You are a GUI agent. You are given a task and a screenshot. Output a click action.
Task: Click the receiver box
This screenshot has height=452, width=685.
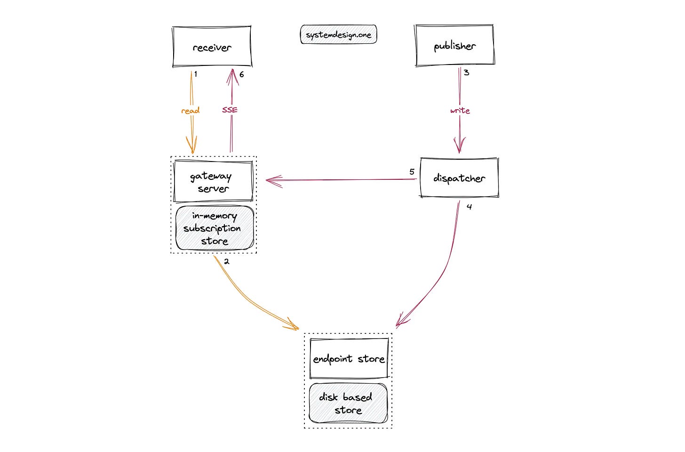[212, 47]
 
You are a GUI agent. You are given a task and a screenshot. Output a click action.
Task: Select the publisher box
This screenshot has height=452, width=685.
[454, 46]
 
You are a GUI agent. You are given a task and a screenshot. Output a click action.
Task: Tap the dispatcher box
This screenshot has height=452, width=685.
[459, 178]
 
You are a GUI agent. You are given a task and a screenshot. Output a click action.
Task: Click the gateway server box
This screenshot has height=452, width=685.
[213, 182]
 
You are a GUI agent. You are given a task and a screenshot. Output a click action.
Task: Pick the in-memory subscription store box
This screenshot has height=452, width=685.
[214, 228]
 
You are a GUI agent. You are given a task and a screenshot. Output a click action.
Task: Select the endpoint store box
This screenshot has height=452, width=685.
[349, 359]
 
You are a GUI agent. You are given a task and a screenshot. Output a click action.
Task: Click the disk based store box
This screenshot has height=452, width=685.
[348, 404]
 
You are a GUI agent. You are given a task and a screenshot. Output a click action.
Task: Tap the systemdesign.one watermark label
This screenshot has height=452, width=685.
[338, 35]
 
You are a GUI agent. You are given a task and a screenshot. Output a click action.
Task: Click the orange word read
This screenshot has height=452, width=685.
[191, 111]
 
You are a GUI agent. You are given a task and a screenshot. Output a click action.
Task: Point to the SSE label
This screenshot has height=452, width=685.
[230, 110]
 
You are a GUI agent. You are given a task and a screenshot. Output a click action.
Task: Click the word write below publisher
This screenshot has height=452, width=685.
[460, 111]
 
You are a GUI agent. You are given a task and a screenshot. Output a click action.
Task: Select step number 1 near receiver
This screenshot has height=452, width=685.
[196, 74]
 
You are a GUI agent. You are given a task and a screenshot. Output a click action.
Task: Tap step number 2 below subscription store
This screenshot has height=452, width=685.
[226, 261]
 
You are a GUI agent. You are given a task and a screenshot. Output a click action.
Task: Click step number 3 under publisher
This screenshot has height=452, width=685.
[466, 73]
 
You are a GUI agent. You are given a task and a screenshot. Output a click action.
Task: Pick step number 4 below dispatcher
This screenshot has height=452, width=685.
[469, 207]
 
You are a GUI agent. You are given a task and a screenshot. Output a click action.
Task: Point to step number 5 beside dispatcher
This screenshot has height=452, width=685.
[412, 172]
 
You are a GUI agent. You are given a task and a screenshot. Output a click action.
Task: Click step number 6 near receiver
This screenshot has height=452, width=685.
[241, 74]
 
